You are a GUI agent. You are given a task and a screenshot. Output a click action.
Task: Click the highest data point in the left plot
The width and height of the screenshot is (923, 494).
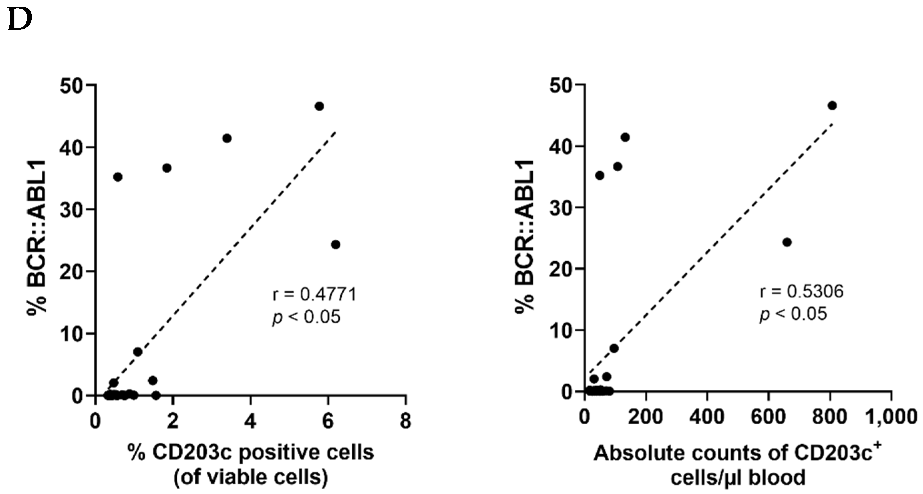click(319, 106)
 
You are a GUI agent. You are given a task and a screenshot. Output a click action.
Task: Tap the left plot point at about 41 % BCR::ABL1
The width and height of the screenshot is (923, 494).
click(227, 138)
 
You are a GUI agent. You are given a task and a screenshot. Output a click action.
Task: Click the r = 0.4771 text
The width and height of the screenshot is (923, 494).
click(315, 295)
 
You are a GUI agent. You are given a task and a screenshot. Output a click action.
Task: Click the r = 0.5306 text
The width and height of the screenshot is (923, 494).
click(802, 292)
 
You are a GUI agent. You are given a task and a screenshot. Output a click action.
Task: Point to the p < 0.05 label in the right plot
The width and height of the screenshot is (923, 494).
click(793, 314)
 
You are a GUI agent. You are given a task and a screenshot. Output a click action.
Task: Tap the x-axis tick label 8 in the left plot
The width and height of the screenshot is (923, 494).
click(405, 421)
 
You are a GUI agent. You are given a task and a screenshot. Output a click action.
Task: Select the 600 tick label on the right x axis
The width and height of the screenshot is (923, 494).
click(769, 417)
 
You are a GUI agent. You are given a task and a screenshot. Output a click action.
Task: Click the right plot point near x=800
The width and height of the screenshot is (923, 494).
click(833, 106)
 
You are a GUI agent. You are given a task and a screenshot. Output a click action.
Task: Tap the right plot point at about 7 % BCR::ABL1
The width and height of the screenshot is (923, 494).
click(614, 348)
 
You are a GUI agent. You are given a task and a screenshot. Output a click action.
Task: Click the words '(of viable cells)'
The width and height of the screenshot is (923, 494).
click(251, 478)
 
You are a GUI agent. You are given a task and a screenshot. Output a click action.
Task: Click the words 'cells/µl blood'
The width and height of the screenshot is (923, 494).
click(738, 478)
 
